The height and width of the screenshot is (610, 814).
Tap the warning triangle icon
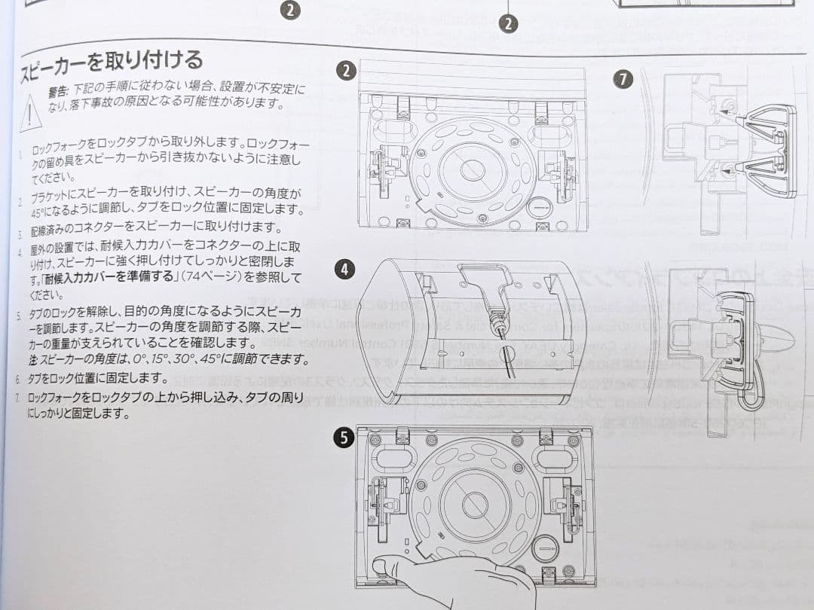coord(29,112)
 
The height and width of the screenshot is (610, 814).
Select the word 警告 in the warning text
coord(59,90)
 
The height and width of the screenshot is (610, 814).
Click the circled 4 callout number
coord(344,270)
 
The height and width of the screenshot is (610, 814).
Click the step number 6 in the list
coord(17,379)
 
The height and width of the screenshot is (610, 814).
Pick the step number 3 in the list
coord(20,230)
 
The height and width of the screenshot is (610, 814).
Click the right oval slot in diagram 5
coord(555,458)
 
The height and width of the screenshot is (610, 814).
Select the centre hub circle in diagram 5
coord(475,504)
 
